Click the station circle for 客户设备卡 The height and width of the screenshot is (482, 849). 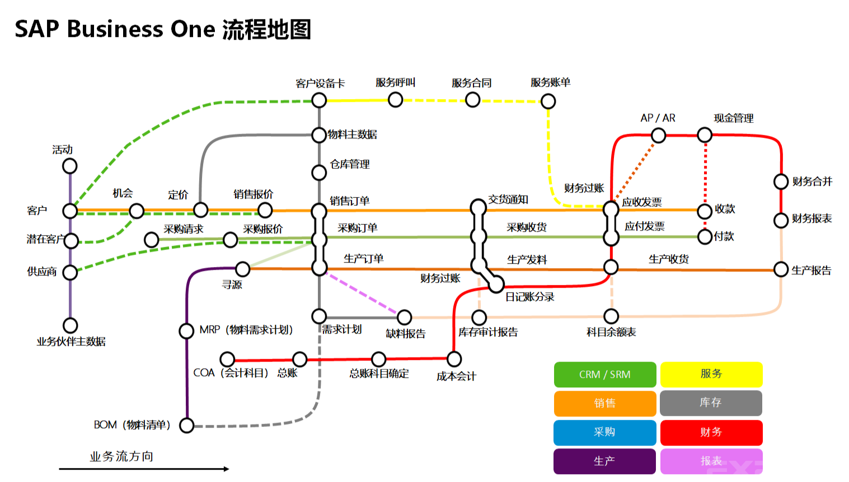(x=319, y=101)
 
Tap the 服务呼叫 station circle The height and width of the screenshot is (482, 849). (x=395, y=100)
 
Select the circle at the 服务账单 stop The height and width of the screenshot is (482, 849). (x=548, y=101)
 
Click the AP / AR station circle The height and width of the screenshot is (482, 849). (x=658, y=135)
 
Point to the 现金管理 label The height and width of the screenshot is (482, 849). (x=733, y=118)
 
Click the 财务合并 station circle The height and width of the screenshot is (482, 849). (x=781, y=181)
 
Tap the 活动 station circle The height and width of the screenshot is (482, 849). (x=70, y=166)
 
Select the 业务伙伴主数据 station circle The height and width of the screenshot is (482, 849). (x=70, y=325)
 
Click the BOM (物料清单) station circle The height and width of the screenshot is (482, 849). (x=186, y=425)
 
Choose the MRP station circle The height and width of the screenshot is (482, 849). (x=186, y=331)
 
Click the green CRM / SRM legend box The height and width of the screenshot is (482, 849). (x=604, y=375)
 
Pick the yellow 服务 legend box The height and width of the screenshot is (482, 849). (x=711, y=375)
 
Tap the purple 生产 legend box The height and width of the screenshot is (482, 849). (x=604, y=461)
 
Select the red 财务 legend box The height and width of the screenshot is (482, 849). (x=711, y=432)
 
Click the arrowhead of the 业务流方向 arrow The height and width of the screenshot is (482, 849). (x=226, y=469)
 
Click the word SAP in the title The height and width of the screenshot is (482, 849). (x=36, y=29)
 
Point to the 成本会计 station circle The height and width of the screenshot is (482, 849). (x=454, y=359)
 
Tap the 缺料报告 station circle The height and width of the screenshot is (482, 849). (x=404, y=317)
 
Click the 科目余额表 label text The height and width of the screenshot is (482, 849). (x=611, y=332)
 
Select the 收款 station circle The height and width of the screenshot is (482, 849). (x=705, y=211)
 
